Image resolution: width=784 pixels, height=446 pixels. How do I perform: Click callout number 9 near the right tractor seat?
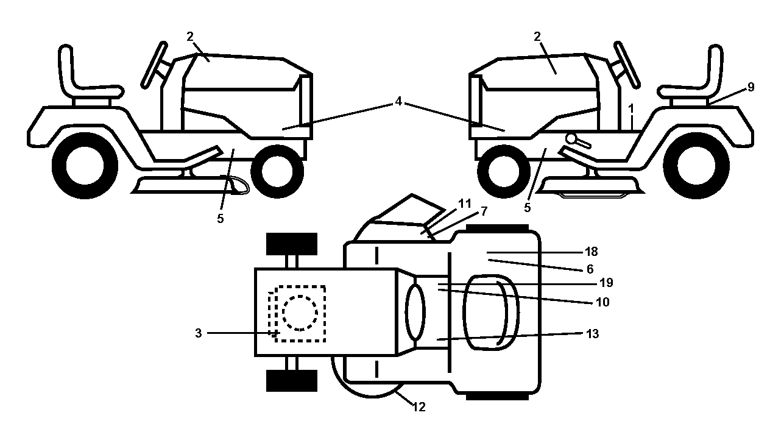click(750, 87)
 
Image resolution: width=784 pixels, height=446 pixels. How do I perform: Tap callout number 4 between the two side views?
click(398, 102)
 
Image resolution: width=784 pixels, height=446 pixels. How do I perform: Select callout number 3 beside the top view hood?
click(199, 333)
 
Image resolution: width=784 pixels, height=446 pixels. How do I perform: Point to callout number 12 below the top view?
click(419, 407)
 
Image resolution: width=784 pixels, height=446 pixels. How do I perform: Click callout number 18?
click(592, 252)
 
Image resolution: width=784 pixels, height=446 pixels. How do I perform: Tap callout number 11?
click(465, 204)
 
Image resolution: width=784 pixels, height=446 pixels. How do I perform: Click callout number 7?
click(484, 211)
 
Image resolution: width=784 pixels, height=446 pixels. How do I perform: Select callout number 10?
click(602, 302)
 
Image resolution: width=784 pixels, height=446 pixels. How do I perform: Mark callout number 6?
click(590, 269)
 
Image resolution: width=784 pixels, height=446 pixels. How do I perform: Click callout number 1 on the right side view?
click(631, 109)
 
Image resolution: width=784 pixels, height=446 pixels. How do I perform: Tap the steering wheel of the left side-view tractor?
click(154, 65)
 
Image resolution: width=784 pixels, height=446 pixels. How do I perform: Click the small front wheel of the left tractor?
click(277, 172)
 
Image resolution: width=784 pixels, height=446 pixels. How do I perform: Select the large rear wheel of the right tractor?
click(696, 166)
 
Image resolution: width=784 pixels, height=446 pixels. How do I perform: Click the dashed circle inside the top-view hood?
click(300, 313)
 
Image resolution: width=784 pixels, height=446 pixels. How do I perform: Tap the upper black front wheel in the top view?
click(292, 244)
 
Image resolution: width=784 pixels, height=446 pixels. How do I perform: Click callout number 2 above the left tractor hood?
click(190, 37)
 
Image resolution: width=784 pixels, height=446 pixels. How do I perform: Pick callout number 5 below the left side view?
click(220, 219)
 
